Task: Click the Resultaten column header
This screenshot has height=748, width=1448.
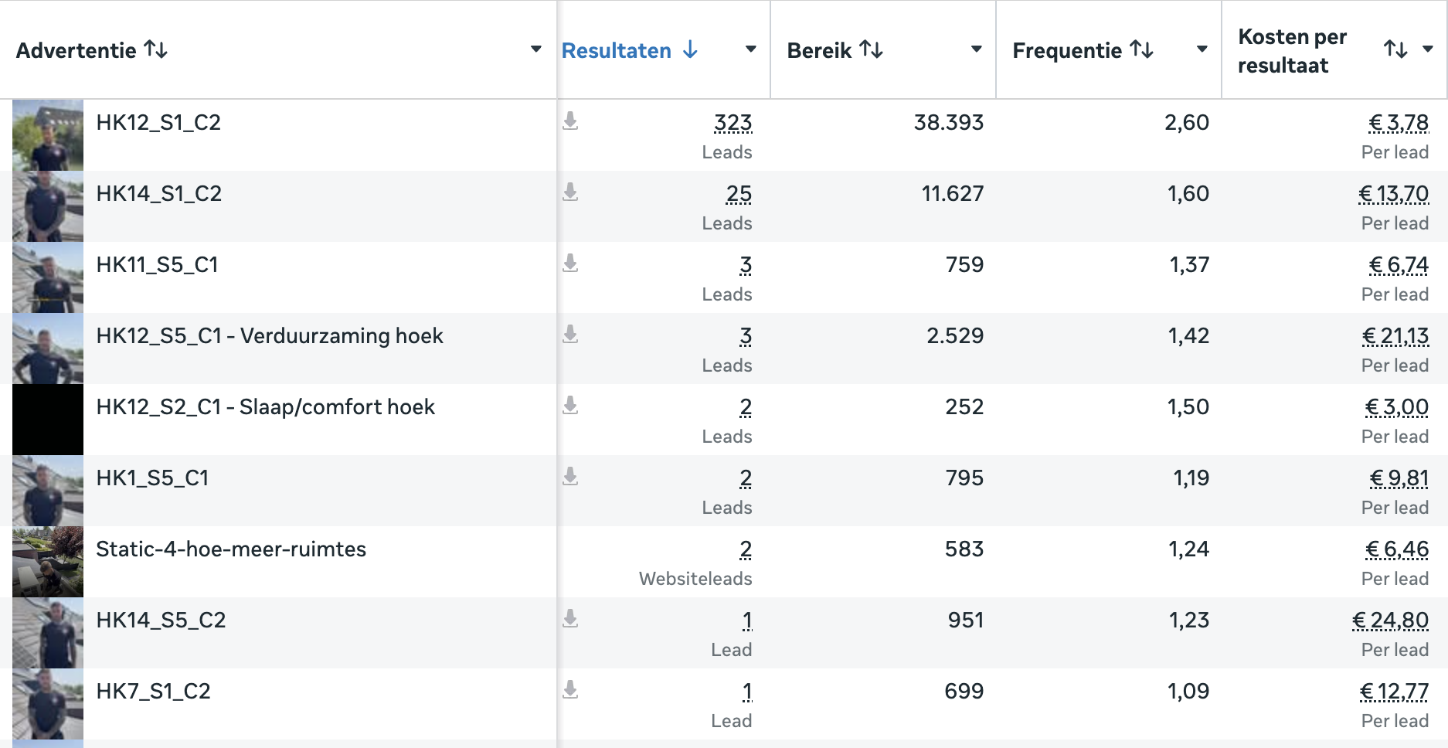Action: pos(616,50)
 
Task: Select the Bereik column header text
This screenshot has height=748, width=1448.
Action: pos(819,50)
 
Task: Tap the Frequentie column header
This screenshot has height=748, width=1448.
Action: pos(1067,50)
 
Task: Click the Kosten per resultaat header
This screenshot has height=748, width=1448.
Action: pos(1292,51)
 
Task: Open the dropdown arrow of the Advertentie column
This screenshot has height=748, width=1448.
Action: pos(535,49)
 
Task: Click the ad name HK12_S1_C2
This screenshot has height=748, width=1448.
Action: pos(158,122)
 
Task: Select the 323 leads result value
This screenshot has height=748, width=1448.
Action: pos(732,123)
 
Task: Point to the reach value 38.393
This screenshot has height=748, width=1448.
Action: pos(949,122)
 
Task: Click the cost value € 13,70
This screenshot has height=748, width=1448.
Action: pos(1394,194)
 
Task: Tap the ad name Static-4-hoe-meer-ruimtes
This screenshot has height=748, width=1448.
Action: pos(231,549)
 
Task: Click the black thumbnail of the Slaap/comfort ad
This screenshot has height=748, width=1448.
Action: pos(48,420)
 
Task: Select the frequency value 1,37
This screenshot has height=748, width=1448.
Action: pos(1189,264)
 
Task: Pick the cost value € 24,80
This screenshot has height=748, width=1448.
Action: pos(1391,620)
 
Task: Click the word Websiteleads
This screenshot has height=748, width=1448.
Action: pos(695,579)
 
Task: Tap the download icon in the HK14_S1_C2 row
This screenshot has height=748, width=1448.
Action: pos(570,192)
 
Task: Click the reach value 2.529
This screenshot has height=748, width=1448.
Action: pos(955,335)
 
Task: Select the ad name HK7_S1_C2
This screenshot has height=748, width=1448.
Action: pos(153,691)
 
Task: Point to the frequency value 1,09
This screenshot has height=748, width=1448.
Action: pos(1188,691)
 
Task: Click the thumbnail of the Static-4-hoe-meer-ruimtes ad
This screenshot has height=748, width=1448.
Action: pos(48,562)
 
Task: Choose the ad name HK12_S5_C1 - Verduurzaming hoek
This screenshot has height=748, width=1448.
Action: pos(270,335)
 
